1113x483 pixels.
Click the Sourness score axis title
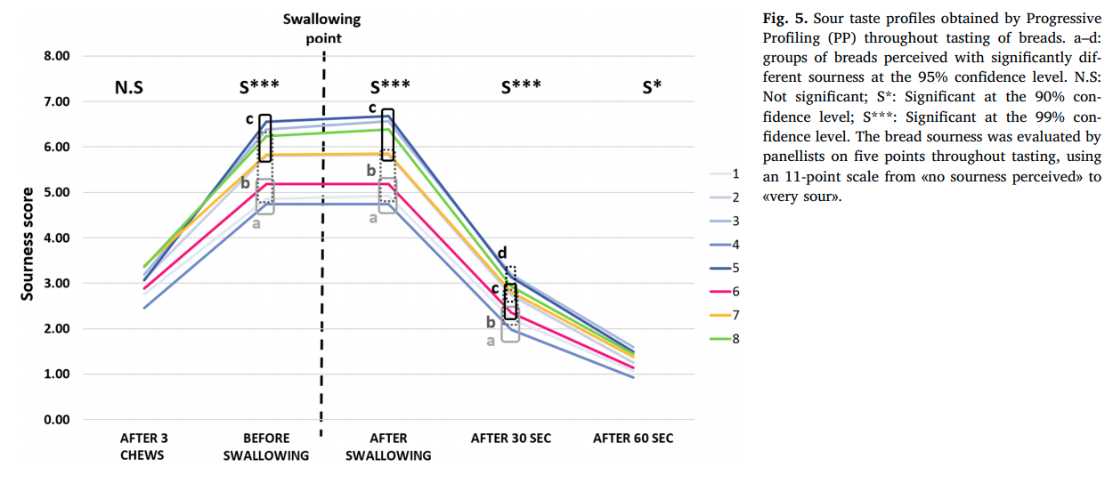coord(27,243)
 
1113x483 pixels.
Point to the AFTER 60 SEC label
coord(633,439)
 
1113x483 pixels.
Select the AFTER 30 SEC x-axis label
coord(511,439)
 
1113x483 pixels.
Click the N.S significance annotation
coord(129,88)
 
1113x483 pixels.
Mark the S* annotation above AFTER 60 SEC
coord(652,88)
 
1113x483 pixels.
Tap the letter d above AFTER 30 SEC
coord(502,253)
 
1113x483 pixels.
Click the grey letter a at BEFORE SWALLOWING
coord(256,223)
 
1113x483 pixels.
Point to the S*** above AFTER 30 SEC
coord(521,88)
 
